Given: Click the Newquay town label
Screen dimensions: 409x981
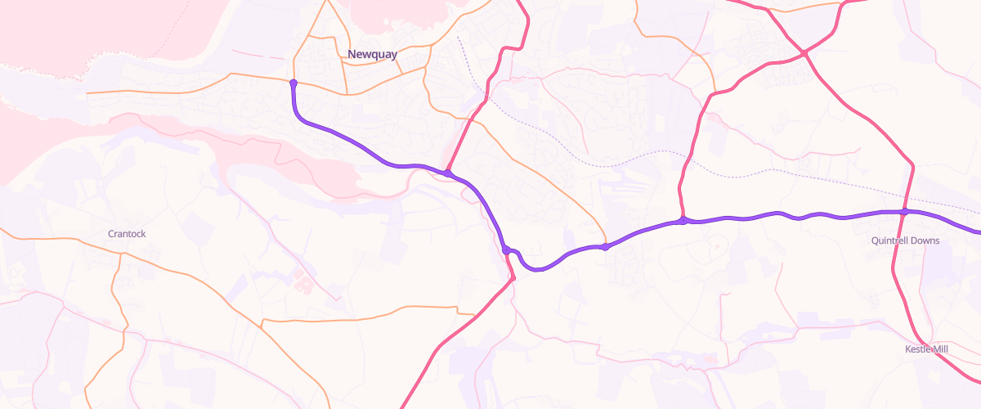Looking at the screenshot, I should (x=372, y=55).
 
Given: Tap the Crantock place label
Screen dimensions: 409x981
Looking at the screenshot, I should (x=127, y=234).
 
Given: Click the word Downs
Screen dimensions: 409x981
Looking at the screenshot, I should (x=927, y=241).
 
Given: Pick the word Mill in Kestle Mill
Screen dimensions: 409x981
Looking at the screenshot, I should (x=940, y=349).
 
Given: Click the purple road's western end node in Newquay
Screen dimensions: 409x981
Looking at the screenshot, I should (x=293, y=82).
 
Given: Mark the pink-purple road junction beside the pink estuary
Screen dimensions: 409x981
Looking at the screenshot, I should (x=448, y=173).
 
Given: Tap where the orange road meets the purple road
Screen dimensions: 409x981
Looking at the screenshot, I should (x=605, y=246).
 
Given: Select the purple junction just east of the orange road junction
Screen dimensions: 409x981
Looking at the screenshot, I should (x=683, y=220).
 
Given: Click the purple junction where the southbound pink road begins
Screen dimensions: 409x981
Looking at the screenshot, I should (x=507, y=249).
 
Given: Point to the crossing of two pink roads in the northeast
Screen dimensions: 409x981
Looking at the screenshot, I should (x=804, y=53).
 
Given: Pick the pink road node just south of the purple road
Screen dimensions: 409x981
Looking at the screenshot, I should (x=513, y=279).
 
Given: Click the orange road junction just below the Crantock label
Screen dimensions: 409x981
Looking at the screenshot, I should (x=121, y=254).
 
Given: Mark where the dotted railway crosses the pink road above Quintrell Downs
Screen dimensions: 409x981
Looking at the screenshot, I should (x=910, y=196).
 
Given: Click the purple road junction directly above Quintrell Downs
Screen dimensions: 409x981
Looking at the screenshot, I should (x=905, y=212).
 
